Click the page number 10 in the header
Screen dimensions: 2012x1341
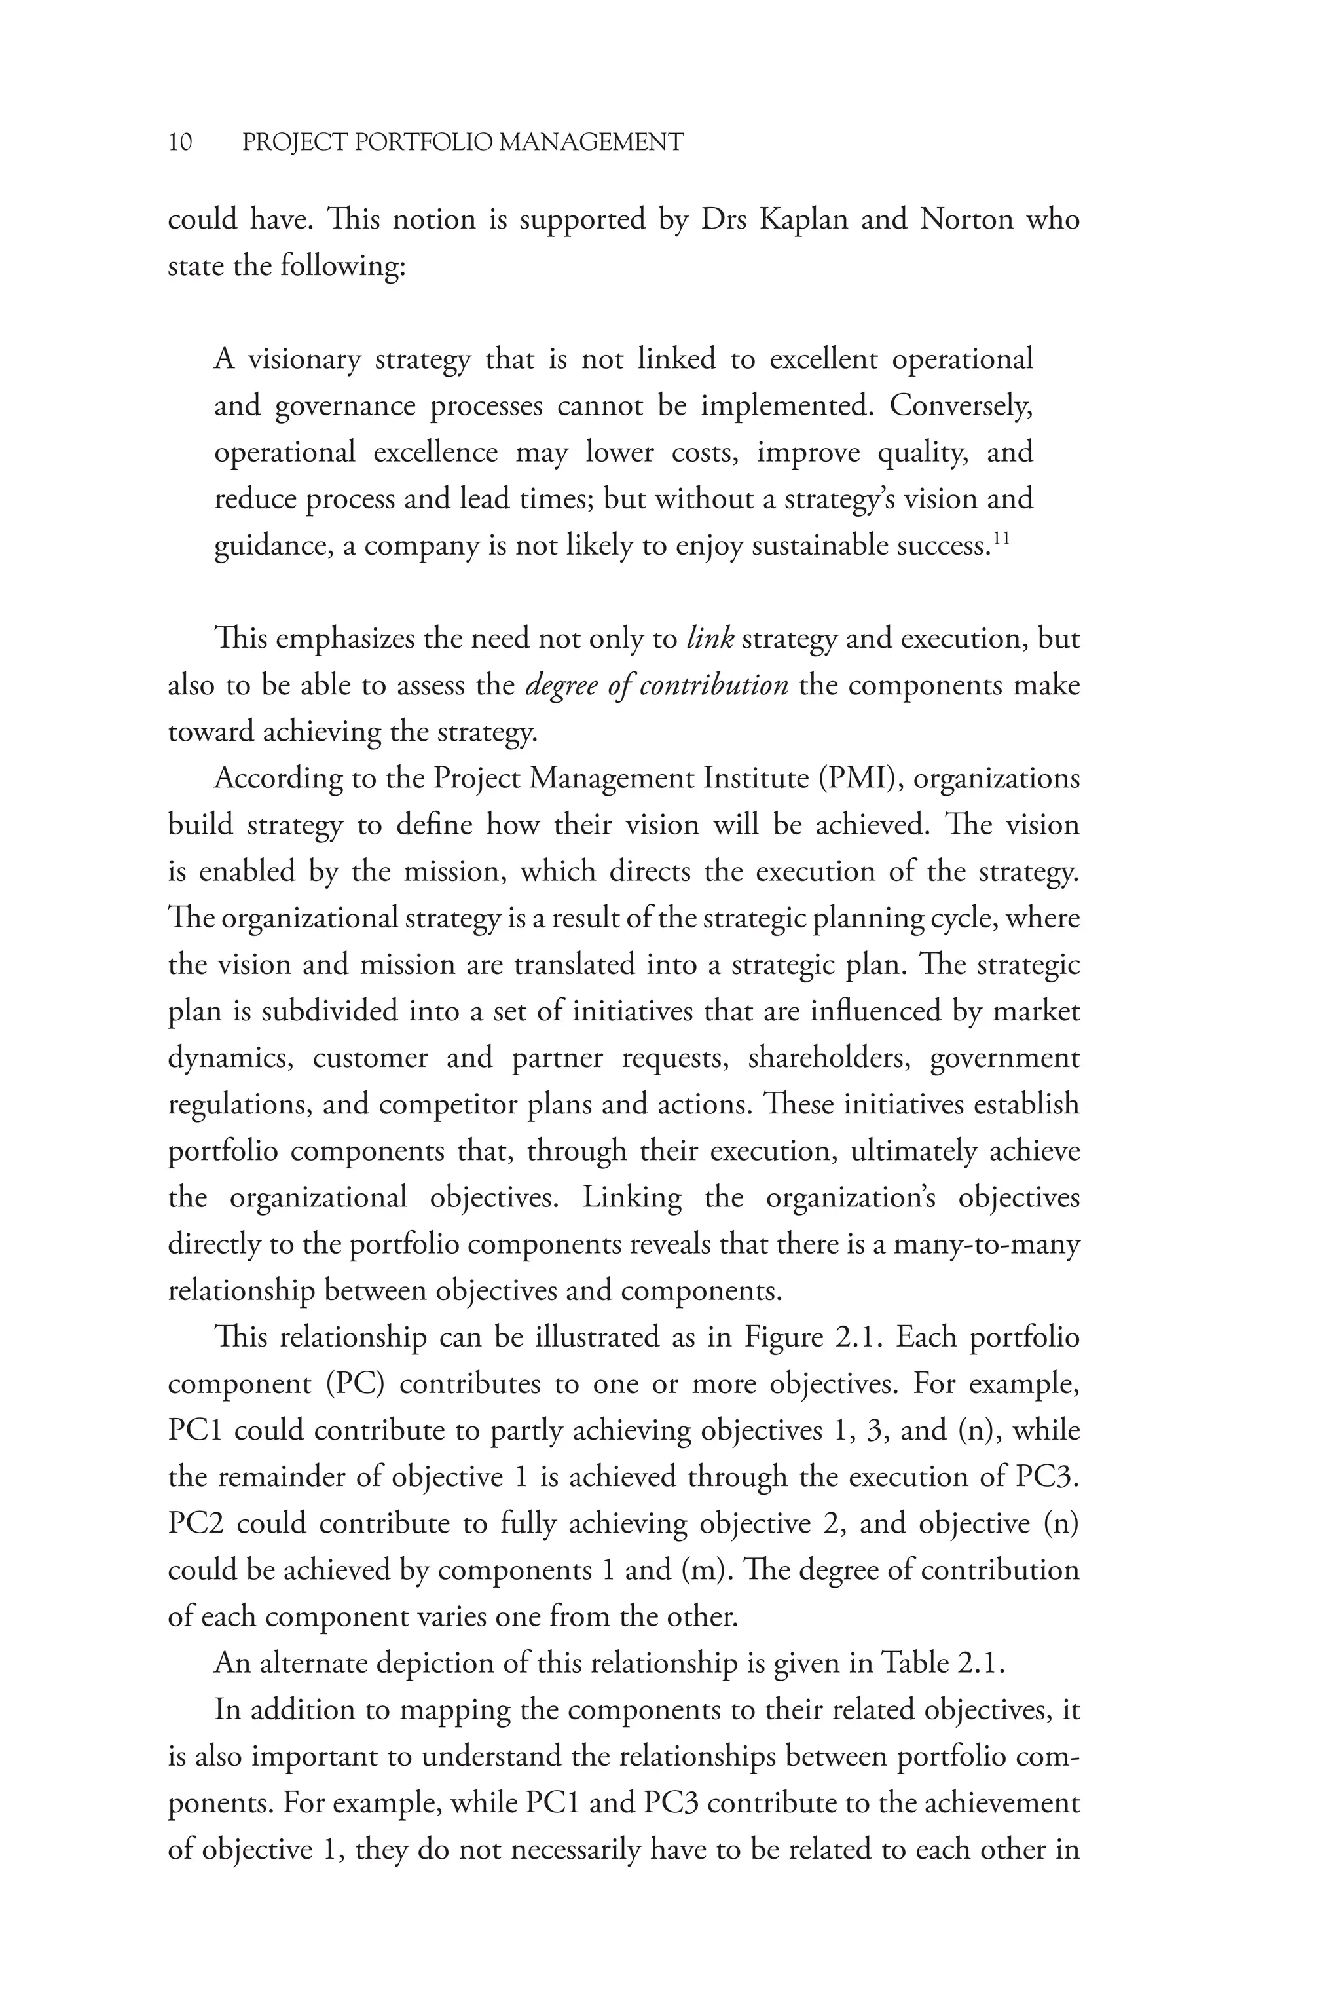[x=181, y=142]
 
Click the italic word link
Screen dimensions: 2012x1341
[x=710, y=639]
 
